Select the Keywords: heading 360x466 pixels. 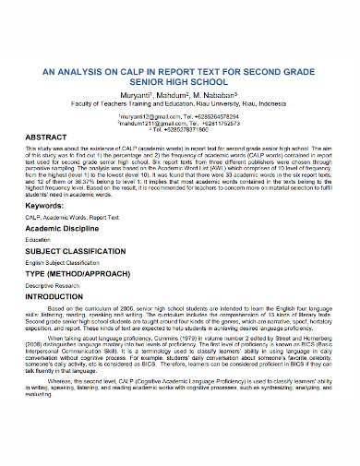55,206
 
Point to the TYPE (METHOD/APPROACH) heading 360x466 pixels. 90,298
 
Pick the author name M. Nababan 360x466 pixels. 218,92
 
